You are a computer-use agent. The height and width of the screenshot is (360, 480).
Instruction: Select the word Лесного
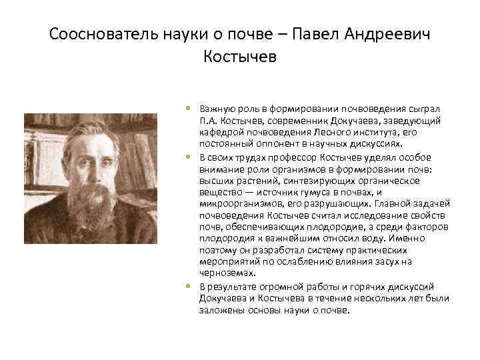pos(333,133)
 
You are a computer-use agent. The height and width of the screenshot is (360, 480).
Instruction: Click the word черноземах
pos(224,273)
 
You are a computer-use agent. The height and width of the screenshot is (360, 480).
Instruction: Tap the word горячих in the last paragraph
pos(353,287)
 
